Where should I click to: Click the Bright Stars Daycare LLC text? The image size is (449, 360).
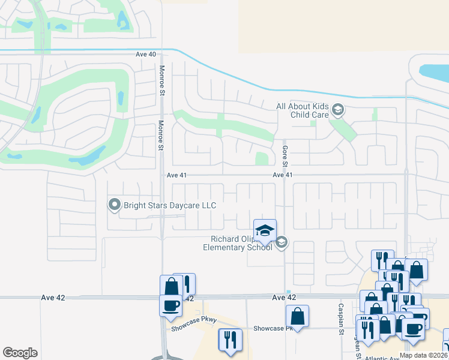(x=169, y=205)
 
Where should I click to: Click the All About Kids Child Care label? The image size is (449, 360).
(x=303, y=110)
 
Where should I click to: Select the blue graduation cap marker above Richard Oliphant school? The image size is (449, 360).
(x=265, y=230)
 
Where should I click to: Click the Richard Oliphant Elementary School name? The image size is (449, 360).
(x=237, y=243)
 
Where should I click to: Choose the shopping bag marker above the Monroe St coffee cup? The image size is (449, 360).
(x=171, y=286)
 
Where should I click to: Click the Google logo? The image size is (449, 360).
(x=20, y=352)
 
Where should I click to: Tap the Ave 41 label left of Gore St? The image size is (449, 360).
(x=177, y=175)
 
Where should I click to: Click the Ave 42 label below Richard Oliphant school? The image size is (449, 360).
(x=284, y=298)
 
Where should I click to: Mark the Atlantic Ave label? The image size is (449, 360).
(x=379, y=358)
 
